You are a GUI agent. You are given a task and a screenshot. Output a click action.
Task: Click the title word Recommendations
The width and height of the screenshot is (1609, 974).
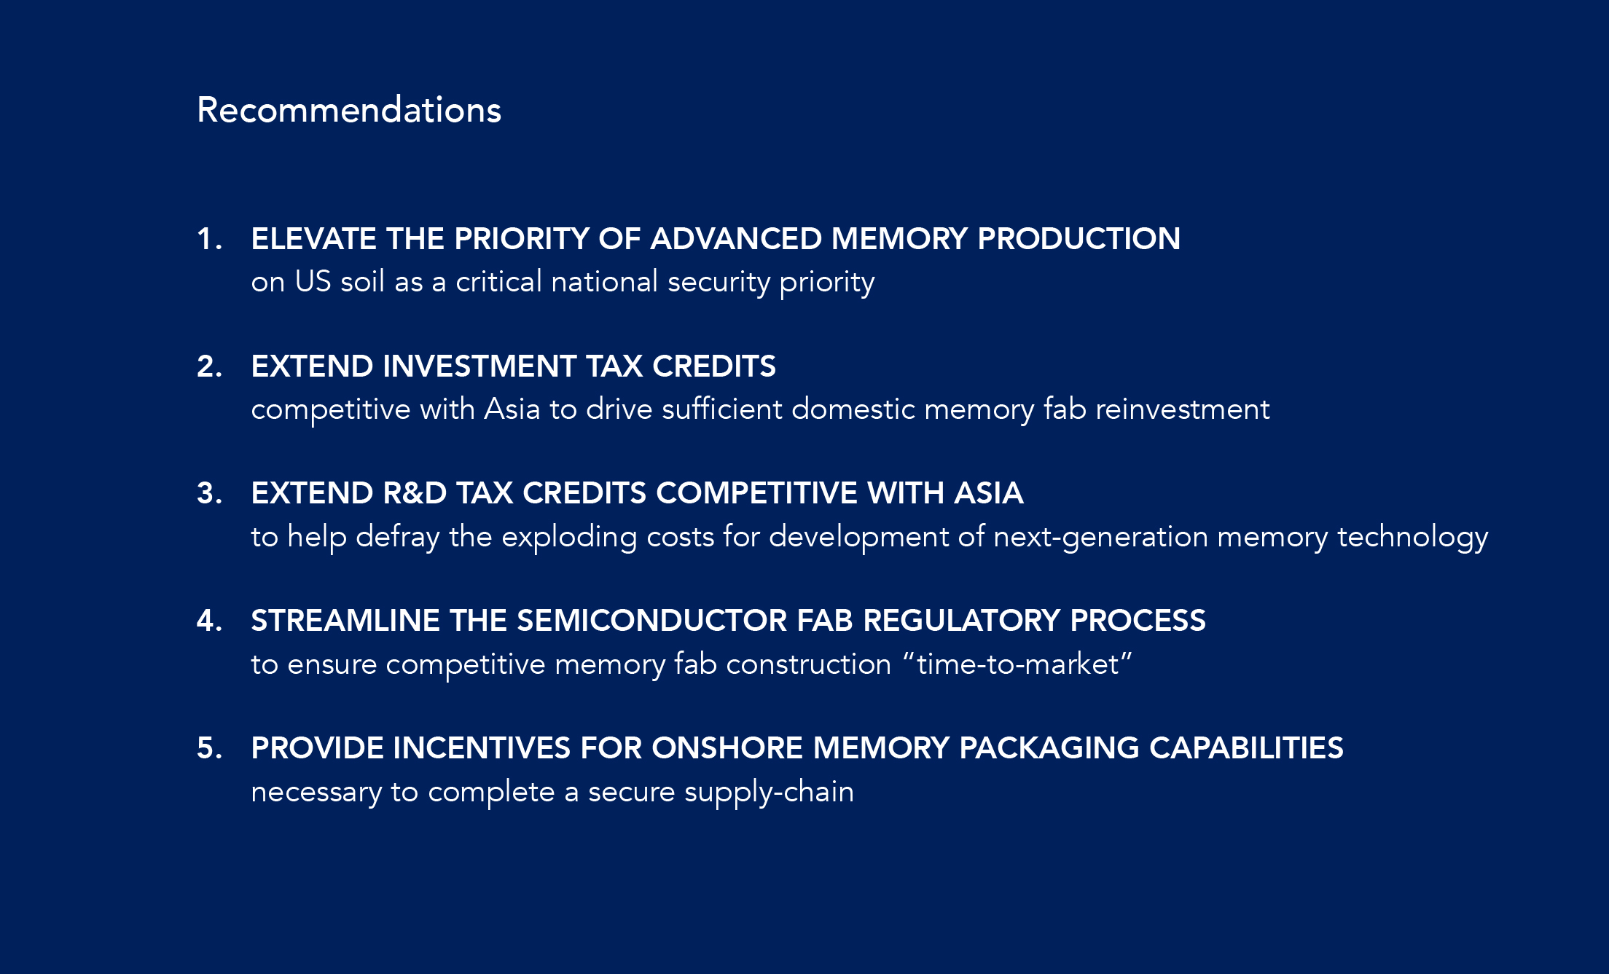(x=349, y=110)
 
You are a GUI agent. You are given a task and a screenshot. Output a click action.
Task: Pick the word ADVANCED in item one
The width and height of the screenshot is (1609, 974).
(x=736, y=239)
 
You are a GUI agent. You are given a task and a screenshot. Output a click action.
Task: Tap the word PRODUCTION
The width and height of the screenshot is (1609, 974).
(x=1078, y=239)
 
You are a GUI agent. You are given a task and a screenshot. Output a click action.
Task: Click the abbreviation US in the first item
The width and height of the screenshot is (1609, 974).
(x=313, y=282)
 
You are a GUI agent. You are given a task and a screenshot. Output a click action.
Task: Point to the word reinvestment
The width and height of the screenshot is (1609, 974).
(x=1183, y=409)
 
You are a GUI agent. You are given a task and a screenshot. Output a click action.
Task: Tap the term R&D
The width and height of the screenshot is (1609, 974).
(x=415, y=493)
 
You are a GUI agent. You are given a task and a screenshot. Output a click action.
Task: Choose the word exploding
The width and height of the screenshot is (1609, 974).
(x=569, y=538)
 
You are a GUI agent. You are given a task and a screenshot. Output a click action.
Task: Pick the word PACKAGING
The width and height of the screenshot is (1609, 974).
(x=1049, y=748)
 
